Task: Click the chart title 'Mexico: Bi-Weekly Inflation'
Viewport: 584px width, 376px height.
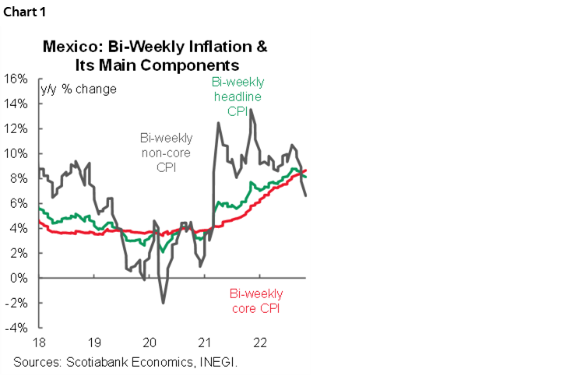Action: (x=154, y=47)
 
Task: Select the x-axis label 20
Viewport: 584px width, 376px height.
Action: (x=150, y=343)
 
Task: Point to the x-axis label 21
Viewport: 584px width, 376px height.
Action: (x=205, y=343)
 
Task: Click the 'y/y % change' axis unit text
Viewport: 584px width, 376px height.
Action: (x=78, y=90)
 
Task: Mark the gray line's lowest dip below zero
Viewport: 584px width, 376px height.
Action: (x=164, y=303)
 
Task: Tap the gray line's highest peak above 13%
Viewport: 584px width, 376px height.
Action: (x=250, y=110)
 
